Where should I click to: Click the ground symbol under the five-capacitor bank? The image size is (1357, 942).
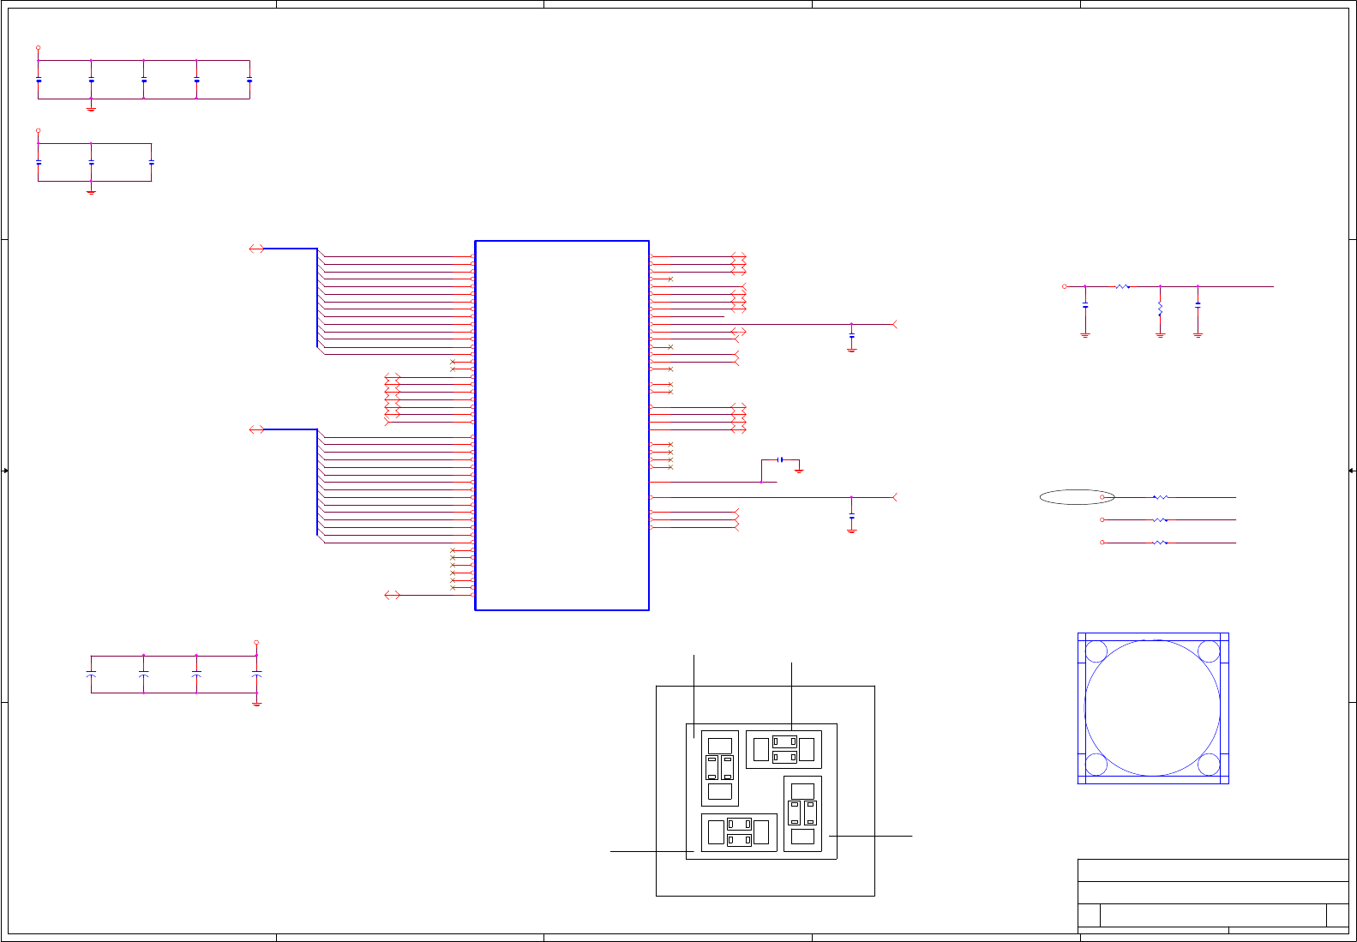point(91,109)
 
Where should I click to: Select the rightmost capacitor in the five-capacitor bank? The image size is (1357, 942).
point(249,80)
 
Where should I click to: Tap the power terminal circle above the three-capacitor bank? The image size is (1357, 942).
point(38,131)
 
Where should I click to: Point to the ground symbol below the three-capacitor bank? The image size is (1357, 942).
point(91,191)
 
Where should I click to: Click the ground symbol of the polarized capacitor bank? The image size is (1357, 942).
point(256,703)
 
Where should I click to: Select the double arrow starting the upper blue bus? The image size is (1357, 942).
point(256,249)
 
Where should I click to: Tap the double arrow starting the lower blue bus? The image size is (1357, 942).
point(256,429)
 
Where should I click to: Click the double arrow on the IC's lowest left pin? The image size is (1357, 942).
point(393,595)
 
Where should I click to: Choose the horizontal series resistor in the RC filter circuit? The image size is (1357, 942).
point(1122,287)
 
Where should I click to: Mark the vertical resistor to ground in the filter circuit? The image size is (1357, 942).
point(1160,308)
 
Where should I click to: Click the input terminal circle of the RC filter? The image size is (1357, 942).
point(1065,287)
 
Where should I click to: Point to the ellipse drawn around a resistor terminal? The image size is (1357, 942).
point(1077,497)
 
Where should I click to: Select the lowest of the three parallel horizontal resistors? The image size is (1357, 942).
point(1160,543)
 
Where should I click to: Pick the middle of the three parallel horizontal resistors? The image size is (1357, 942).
point(1160,520)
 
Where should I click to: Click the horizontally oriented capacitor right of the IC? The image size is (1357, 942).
point(780,459)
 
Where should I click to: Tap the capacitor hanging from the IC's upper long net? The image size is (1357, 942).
point(851,338)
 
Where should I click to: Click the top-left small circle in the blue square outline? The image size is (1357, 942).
point(1096,651)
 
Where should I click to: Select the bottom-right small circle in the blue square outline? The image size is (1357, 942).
point(1209,764)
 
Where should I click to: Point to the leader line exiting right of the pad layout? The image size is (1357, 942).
point(870,836)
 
